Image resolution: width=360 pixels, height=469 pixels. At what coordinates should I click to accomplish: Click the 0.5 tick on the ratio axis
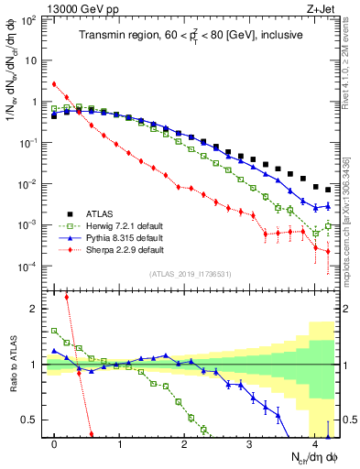point(32,420)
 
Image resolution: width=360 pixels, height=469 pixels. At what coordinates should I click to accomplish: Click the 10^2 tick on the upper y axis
point(31,19)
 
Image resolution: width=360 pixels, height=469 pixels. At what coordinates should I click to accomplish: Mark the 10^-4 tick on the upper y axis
point(31,267)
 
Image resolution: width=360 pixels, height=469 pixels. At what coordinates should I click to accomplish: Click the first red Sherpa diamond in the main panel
point(54,84)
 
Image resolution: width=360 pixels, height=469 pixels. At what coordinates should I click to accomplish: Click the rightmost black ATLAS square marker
point(328,190)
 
